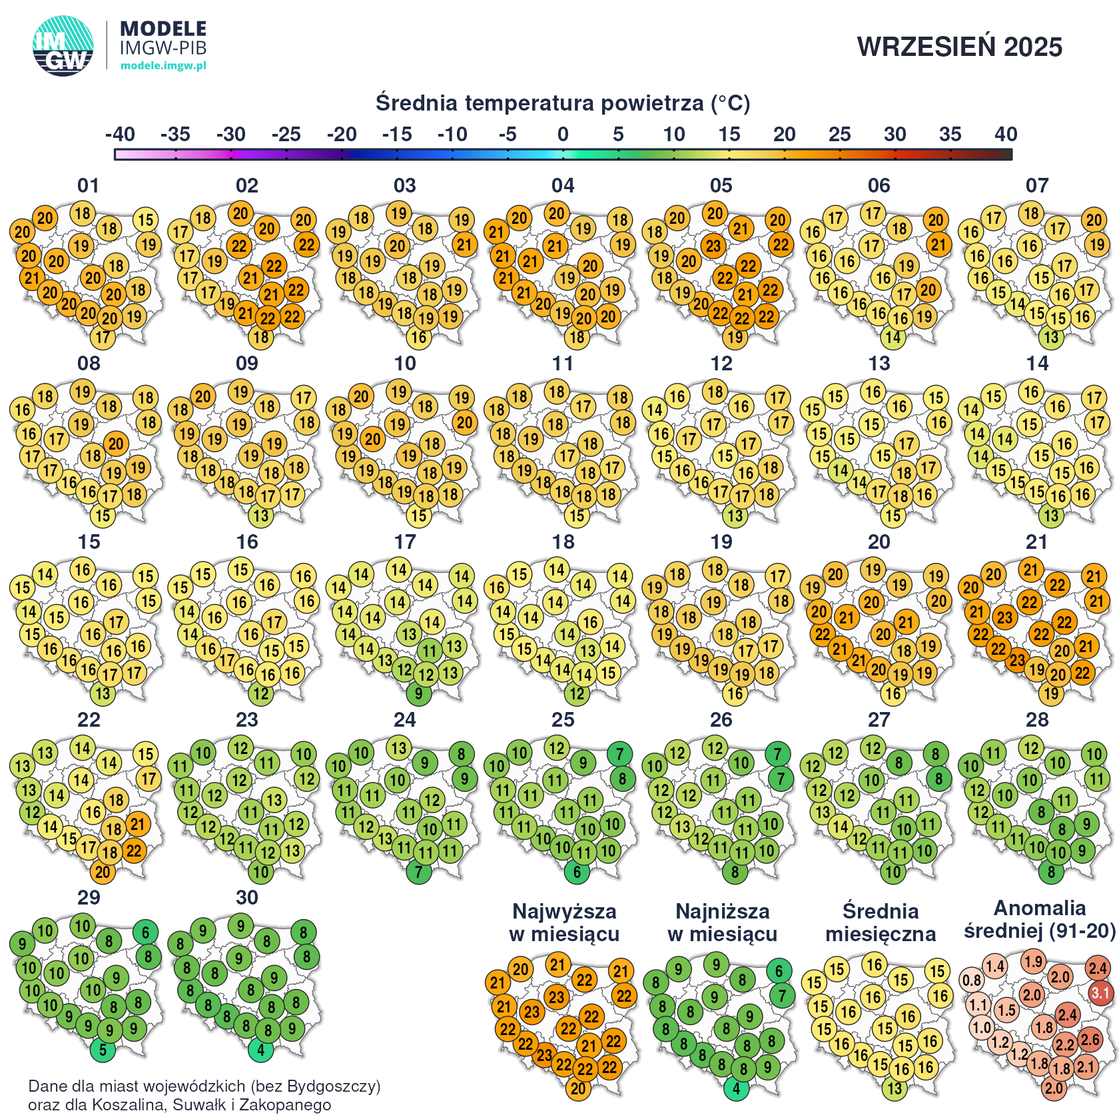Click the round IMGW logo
pos(63,45)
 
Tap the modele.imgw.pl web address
pos(163,65)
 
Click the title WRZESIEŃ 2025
pos(959,47)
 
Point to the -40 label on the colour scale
pos(120,135)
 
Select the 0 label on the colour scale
pos(563,135)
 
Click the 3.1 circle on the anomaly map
pos(1100,994)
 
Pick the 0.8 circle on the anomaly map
pos(972,980)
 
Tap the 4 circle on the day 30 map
pos(260,1050)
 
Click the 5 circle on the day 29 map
pos(103,1050)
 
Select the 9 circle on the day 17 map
pos(418,693)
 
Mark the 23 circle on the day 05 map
pos(713,246)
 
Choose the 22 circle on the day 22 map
pos(134,851)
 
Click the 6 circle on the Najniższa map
pos(779,971)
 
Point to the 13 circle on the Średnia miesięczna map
pos(895,1088)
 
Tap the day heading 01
pos(89,185)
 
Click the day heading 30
pos(246,897)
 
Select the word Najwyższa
pos(564,911)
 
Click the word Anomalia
pos(1039,908)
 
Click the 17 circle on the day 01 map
pos(103,337)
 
